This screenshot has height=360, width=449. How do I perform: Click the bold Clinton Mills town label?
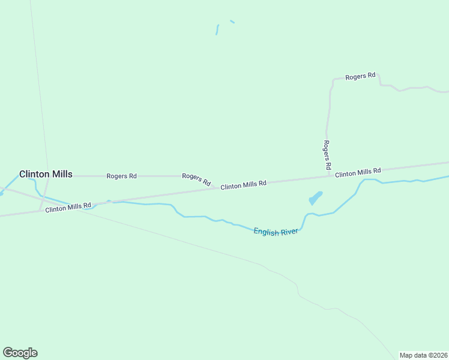[46, 174]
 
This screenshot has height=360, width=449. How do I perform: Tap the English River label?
[276, 232]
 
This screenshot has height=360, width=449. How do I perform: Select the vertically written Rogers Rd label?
[327, 155]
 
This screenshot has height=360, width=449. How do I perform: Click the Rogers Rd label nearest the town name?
[121, 176]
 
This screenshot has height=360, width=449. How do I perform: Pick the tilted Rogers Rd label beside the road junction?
[196, 179]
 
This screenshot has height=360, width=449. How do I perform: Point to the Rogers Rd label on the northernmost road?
[360, 76]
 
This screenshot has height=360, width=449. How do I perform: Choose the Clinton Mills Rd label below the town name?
[68, 208]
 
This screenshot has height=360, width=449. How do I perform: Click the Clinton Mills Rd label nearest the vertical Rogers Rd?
[358, 173]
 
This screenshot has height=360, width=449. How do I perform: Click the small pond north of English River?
[315, 198]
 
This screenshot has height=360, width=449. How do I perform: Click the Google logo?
[20, 353]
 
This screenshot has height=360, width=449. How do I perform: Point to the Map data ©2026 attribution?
[423, 355]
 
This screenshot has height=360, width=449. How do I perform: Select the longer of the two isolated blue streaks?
[217, 29]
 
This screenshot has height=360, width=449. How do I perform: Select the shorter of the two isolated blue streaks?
[232, 22]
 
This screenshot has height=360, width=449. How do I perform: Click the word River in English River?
[288, 232]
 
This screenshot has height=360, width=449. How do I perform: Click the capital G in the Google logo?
[8, 353]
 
